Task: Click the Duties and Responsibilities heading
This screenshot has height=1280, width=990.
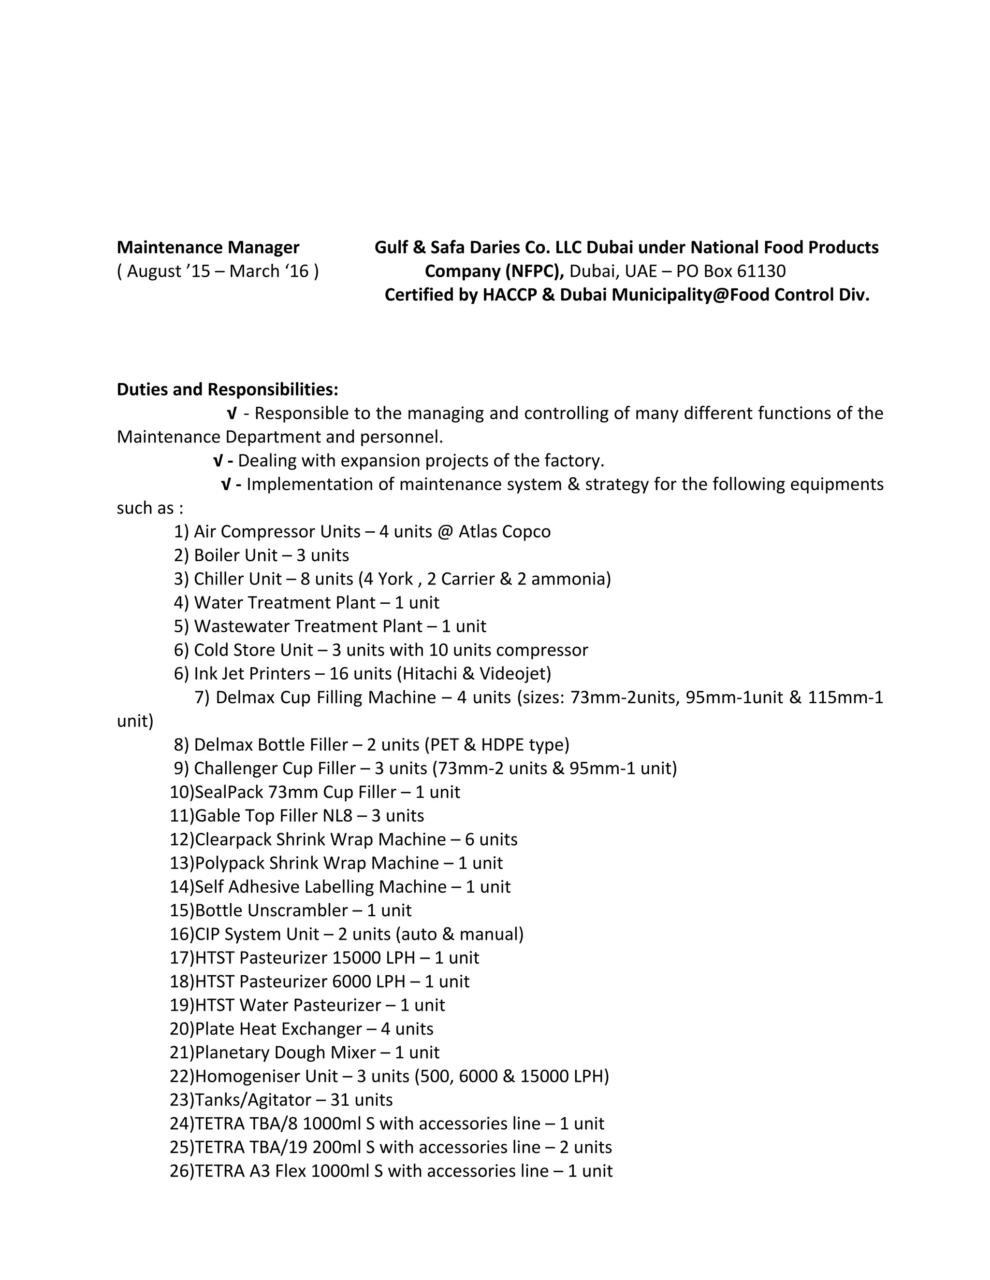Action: pyautogui.click(x=227, y=389)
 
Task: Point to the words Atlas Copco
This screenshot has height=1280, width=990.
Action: pyautogui.click(x=504, y=532)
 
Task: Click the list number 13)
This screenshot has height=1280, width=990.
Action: pyautogui.click(x=181, y=863)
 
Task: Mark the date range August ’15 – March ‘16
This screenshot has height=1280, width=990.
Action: pyautogui.click(x=218, y=271)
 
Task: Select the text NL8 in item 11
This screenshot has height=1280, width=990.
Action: pyautogui.click(x=337, y=816)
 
